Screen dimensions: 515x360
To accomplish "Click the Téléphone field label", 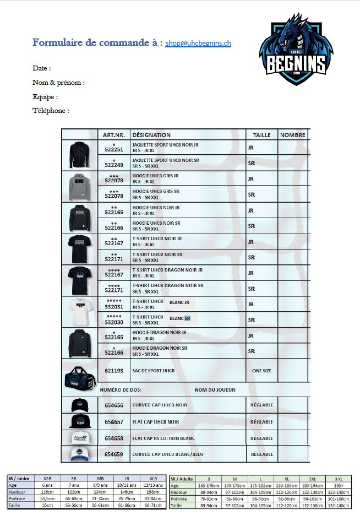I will click(51, 111).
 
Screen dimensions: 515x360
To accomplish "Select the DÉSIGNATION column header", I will click(151, 135).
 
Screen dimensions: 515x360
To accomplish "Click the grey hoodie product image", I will click(79, 187).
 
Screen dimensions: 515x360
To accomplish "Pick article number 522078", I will click(114, 181).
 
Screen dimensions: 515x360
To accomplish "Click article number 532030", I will click(114, 322).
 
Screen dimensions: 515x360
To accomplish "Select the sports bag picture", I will click(79, 375).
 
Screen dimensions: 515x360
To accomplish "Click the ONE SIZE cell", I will click(261, 371).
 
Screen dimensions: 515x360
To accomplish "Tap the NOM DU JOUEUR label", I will click(215, 390).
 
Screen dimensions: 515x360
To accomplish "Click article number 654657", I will click(114, 422).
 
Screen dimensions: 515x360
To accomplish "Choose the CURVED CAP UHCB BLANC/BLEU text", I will click(167, 454).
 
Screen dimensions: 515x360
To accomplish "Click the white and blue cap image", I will click(79, 454).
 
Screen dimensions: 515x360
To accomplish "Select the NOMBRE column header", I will click(292, 135).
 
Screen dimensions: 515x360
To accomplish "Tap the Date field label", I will click(41, 69).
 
